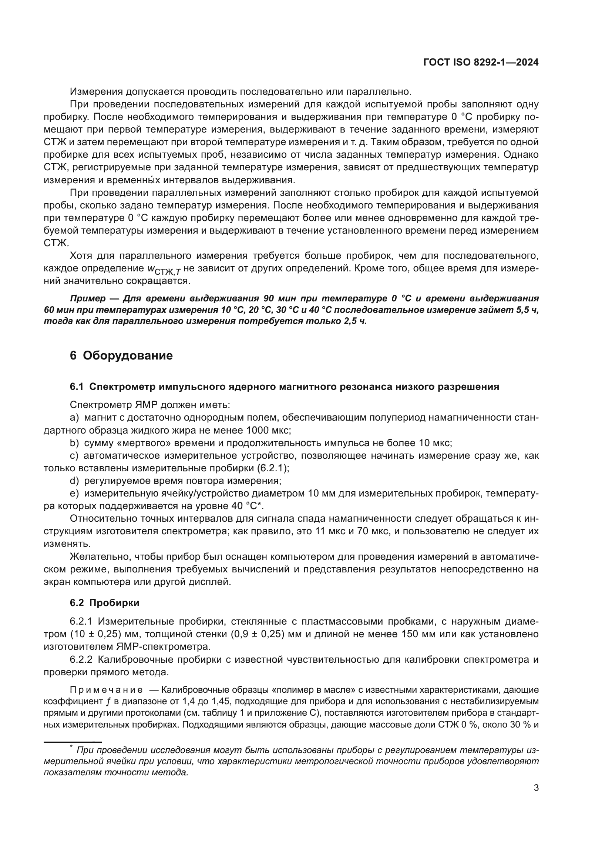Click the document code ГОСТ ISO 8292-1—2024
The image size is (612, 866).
[x=481, y=63]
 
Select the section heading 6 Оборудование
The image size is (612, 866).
[x=121, y=356]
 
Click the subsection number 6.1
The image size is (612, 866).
[x=77, y=387]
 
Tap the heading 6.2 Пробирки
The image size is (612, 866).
[x=104, y=603]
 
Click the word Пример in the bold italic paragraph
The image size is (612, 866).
[x=88, y=299]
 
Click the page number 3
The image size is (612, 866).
[x=536, y=788]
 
